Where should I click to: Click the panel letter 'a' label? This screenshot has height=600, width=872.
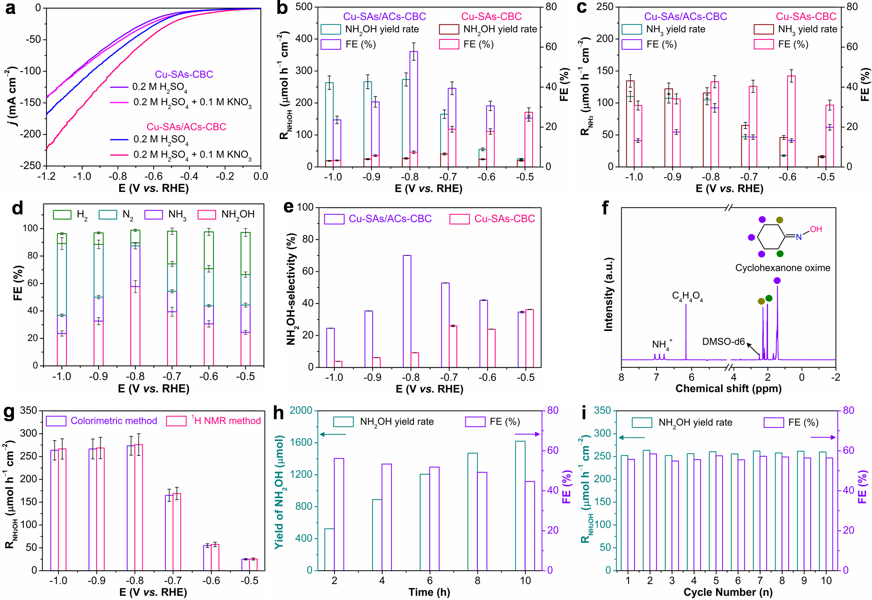coord(10,9)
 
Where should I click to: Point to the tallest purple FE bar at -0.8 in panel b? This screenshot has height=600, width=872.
coord(414,108)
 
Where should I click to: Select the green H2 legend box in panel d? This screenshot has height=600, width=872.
coord(62,214)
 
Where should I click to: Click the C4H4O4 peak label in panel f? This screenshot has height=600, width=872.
coord(687,297)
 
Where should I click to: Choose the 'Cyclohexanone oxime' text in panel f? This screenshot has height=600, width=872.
coord(783,268)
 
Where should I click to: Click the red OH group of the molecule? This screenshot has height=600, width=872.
coord(816,229)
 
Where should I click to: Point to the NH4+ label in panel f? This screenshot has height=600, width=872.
coord(661,344)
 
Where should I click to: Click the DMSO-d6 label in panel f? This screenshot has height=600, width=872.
coord(723,342)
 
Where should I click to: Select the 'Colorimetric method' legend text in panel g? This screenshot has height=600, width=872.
coord(114,421)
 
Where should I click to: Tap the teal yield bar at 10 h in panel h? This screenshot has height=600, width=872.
coord(520,506)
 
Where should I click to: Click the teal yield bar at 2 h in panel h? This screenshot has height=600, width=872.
coord(329,549)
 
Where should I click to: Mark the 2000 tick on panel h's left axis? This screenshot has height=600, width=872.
coord(301,410)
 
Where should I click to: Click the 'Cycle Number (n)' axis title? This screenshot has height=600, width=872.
coord(728,592)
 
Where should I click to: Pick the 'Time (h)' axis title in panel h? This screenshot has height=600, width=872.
coord(429,592)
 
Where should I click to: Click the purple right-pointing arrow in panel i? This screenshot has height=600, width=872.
coord(823,437)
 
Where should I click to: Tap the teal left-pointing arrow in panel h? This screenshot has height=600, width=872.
coord(333,434)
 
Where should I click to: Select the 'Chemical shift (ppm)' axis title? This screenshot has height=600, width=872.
coord(728,389)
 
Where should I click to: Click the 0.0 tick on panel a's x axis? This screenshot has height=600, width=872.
coord(260,177)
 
